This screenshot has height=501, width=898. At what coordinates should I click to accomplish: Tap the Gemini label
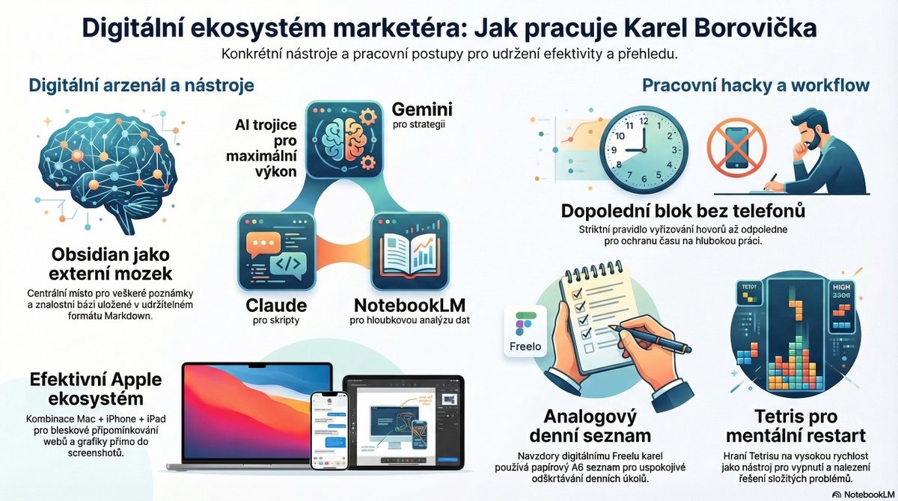(422, 110)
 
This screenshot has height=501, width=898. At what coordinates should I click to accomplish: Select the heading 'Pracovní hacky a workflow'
(756, 85)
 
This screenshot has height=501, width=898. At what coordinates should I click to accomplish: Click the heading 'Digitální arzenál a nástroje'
(141, 85)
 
